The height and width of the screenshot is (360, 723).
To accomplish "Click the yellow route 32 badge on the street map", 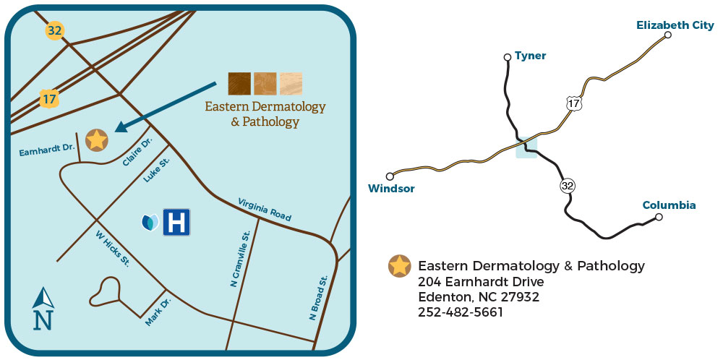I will coord(54,30).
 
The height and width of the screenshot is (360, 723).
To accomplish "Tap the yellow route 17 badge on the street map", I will coord(49,98).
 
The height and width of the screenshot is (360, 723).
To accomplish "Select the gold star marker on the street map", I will coord(96,140).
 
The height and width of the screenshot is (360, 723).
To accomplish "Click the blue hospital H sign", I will coord(176,223).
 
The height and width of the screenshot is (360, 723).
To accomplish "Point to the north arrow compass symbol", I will coord(44,309).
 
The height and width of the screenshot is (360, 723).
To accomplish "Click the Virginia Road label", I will coord(265,209).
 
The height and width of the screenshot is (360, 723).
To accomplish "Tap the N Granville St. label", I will coord(240,258).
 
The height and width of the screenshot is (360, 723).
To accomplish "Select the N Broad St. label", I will coord(319,297).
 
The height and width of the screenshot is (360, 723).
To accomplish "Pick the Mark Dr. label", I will coord(158,312).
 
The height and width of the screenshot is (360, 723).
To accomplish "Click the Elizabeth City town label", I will coord(675,25).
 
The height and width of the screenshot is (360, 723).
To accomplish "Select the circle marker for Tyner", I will coord(508,57).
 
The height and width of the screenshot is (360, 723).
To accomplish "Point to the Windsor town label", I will coord(391,189).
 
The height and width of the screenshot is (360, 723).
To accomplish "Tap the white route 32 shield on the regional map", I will coord(568,186).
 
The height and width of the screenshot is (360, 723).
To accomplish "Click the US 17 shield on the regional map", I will coord(573,103).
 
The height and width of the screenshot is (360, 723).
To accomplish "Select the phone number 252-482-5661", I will coord(460,312).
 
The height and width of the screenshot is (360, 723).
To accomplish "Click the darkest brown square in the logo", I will coord(239,84).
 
